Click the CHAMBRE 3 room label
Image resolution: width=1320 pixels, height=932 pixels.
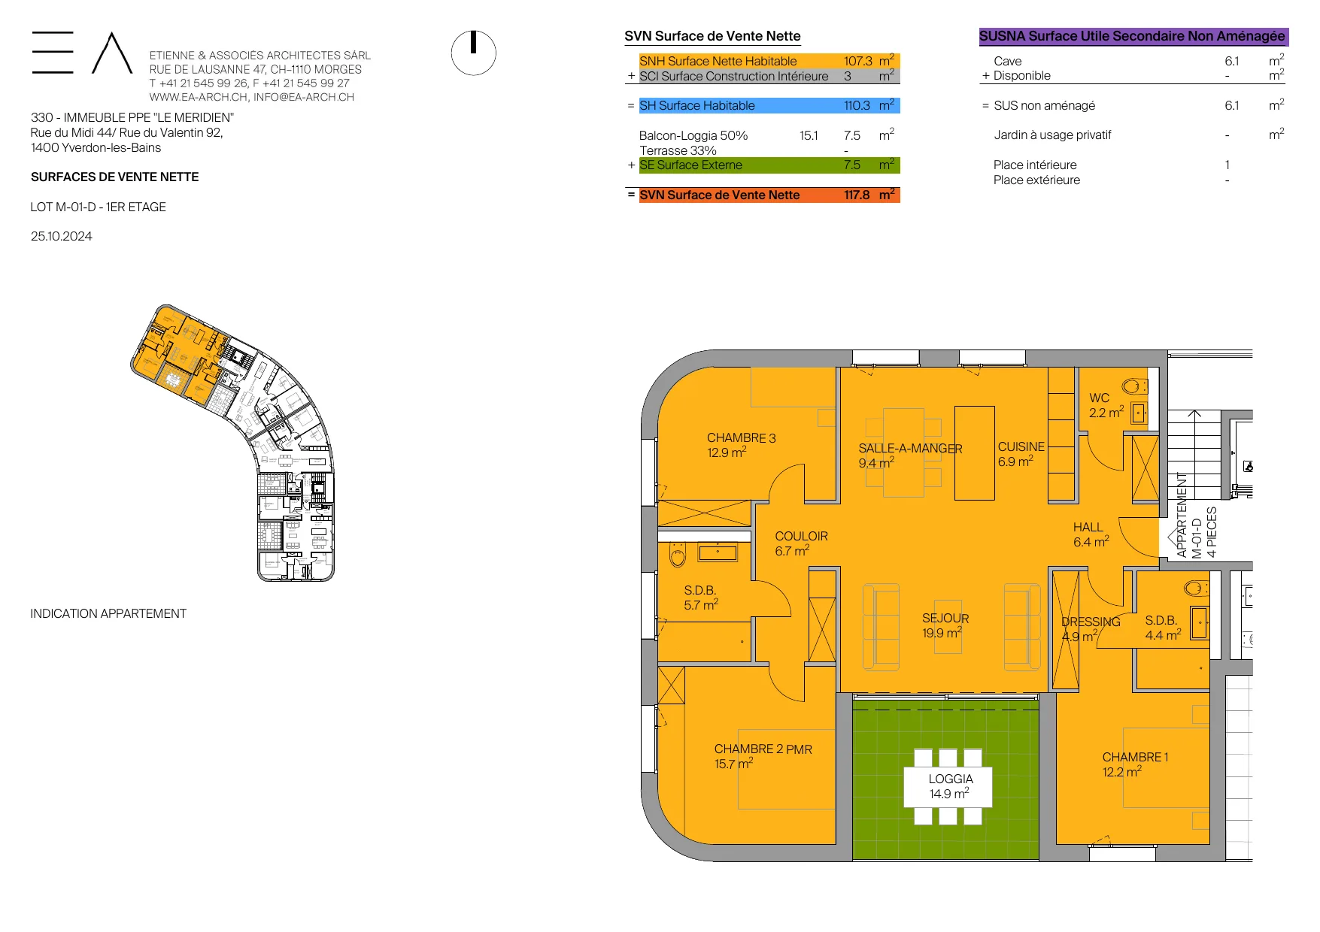point(741,445)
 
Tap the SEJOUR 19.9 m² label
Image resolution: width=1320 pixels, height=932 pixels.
point(945,625)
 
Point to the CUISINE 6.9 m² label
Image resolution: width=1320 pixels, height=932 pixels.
point(1021,454)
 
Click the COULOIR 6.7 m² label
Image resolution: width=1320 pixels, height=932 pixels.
point(801,543)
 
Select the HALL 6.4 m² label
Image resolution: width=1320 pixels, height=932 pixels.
point(1091,534)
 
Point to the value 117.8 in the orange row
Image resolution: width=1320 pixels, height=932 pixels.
point(857,195)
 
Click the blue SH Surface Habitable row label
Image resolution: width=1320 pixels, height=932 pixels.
point(696,106)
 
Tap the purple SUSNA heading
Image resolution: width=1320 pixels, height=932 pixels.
point(1132,36)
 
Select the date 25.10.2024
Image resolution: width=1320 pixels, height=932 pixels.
point(61,236)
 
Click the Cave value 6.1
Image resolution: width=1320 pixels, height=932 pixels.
point(1231,61)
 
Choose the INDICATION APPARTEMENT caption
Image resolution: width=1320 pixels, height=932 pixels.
point(108,613)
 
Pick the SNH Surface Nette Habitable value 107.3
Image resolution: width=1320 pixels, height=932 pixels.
point(857,61)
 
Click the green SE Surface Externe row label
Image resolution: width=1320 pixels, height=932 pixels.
point(690,165)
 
